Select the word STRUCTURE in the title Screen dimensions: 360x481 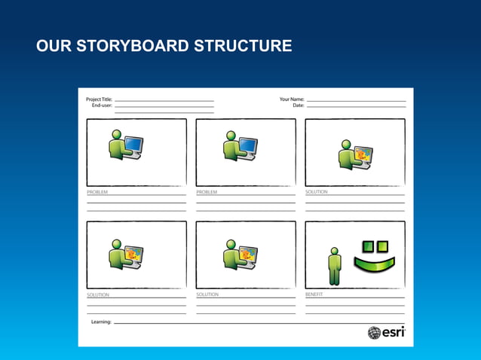coord(243,46)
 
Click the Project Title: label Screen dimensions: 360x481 coord(99,99)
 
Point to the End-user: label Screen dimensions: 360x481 coord(102,106)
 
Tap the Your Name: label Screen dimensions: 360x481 coord(292,99)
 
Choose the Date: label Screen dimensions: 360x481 coord(298,106)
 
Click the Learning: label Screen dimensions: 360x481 coord(101,322)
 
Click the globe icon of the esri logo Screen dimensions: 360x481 coord(374,332)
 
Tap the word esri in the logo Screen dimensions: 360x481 coord(393,332)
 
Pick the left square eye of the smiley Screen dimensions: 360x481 coord(368,246)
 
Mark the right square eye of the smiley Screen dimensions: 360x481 coord(381,246)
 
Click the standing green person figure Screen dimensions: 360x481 coord(335,267)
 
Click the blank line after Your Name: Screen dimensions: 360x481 coord(356,101)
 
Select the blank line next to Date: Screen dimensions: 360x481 coord(356,107)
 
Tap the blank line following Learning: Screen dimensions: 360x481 coord(256,323)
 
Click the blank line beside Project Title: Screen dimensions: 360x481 coord(164,101)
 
